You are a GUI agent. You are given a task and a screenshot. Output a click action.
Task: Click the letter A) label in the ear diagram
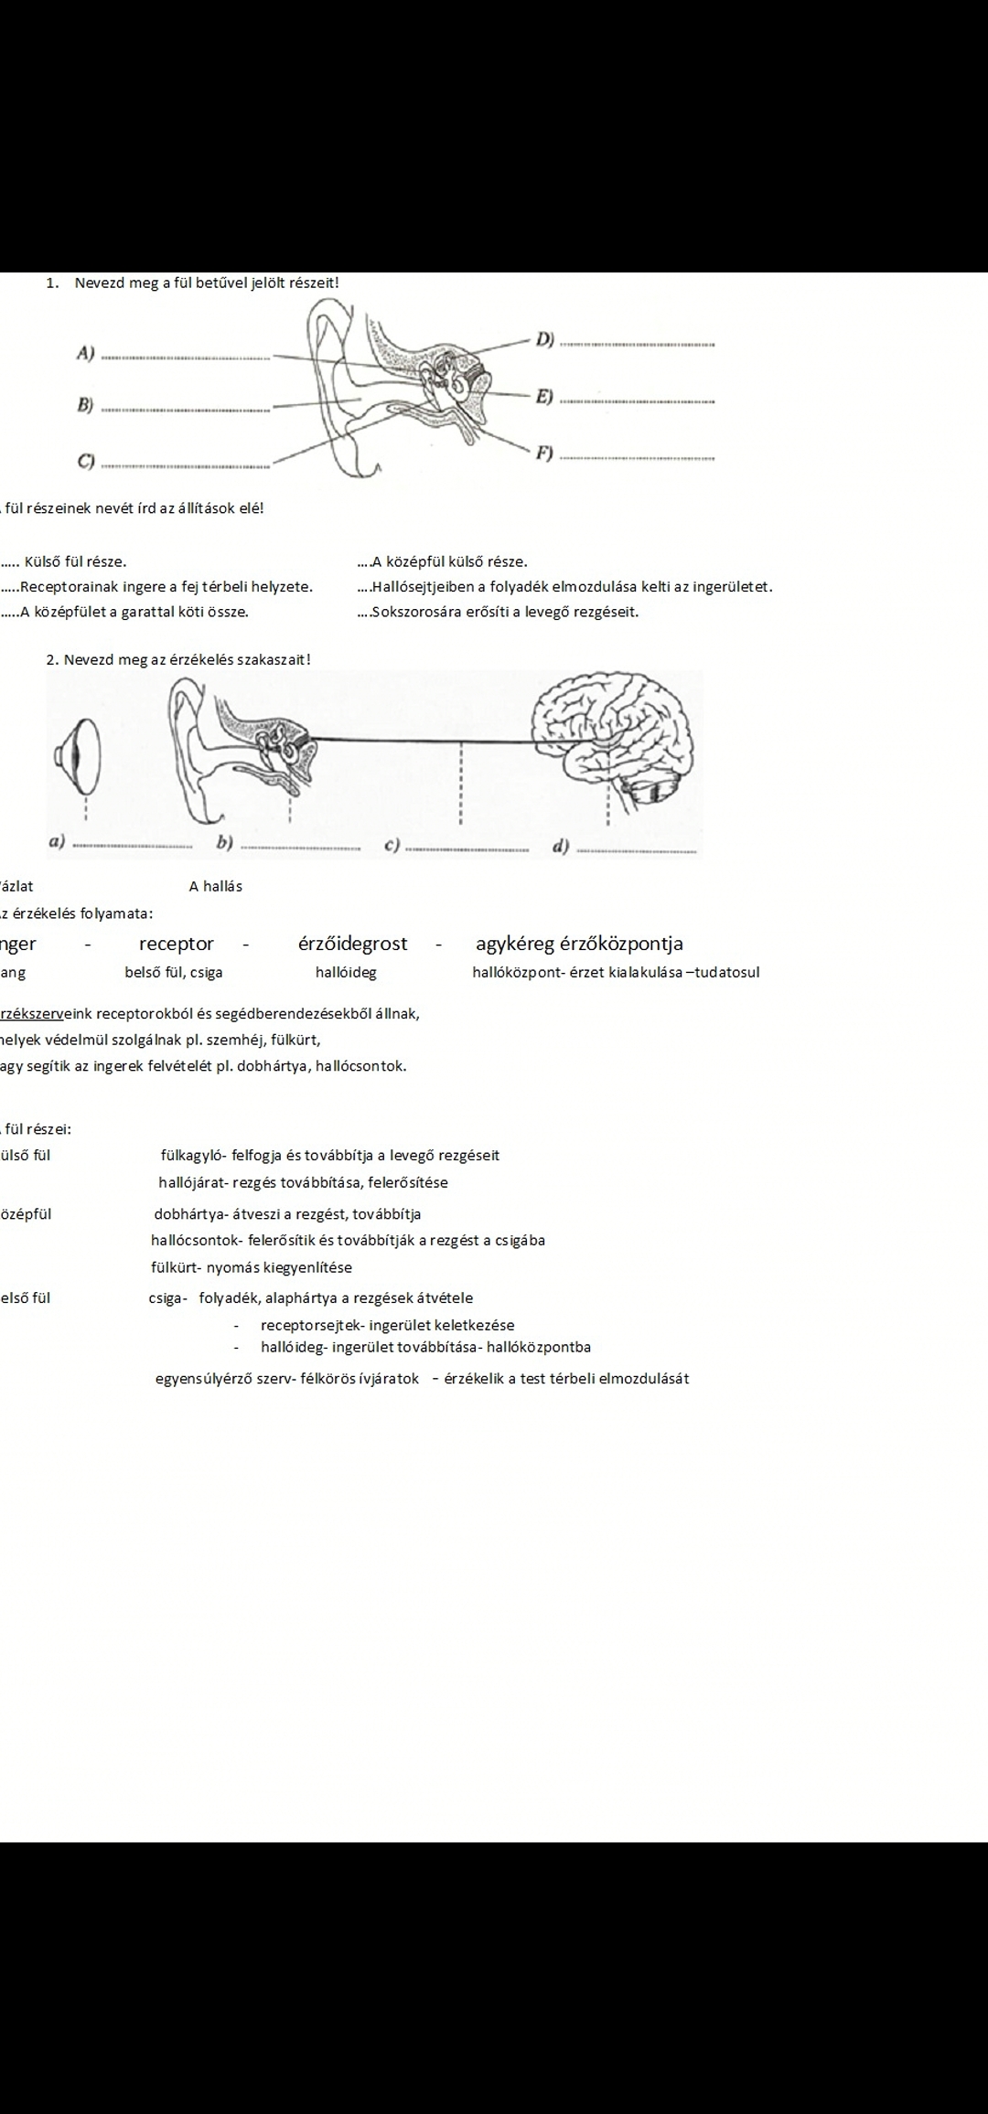[x=86, y=352]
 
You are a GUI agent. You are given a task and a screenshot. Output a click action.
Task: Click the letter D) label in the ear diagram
[x=545, y=339]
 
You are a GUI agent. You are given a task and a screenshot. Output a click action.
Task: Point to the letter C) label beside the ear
[x=86, y=461]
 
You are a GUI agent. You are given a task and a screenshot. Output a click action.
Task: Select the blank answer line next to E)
[x=637, y=401]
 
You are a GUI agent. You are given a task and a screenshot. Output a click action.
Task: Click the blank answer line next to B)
[x=186, y=409]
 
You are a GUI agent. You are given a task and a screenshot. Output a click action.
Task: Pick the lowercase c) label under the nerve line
[x=392, y=845]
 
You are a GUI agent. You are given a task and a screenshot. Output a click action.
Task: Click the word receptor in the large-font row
[x=177, y=944]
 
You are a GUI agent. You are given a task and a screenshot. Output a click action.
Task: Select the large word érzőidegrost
[x=353, y=944]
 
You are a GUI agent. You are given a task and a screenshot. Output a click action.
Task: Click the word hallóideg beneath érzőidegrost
[x=346, y=973]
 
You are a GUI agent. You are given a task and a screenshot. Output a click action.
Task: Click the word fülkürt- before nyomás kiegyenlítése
[x=177, y=1267]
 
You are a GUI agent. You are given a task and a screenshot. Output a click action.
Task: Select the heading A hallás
[x=216, y=886]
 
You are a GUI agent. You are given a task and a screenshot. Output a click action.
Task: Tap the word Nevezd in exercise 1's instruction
[x=100, y=283]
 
